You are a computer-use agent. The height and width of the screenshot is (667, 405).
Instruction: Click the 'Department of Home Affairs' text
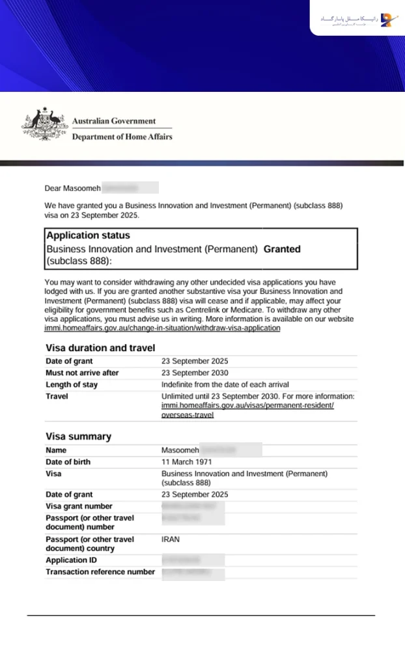122,137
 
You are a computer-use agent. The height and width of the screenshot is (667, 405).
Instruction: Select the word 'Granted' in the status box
282,249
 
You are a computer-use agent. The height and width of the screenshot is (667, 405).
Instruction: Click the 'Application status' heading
88,236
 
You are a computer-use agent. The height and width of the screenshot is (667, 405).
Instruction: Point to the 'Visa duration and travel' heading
100,348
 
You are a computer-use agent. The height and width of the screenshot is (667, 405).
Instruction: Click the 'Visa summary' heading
78,436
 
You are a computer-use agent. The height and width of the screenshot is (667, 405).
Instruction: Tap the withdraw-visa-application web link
162,328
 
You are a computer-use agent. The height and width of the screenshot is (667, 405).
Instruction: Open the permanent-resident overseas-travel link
247,405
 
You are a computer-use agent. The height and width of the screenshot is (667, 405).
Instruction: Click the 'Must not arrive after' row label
82,373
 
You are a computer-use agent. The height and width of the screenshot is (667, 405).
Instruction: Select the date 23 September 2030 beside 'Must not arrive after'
195,373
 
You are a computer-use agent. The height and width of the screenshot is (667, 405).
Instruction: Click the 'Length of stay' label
72,385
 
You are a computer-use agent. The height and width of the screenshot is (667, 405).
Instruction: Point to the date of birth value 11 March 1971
188,462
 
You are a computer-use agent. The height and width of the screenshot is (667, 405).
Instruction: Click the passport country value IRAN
171,540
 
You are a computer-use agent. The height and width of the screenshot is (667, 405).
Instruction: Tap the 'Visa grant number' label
79,506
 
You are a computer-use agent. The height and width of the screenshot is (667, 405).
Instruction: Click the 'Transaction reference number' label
100,572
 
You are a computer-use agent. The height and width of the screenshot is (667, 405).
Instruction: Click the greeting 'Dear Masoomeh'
72,188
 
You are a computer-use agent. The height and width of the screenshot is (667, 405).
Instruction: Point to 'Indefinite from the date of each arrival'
225,385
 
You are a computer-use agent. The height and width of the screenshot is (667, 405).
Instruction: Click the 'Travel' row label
57,396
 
